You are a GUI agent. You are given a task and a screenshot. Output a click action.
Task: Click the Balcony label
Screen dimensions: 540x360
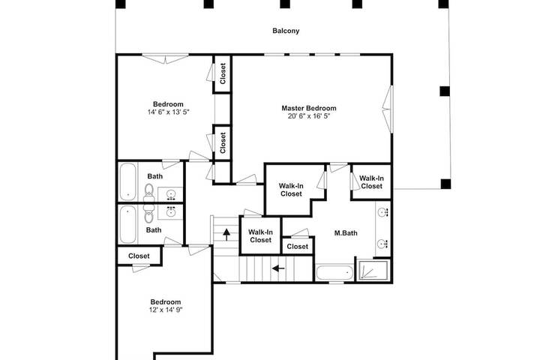(x=286, y=31)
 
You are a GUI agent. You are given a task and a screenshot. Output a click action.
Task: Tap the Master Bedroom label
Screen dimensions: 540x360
(x=309, y=108)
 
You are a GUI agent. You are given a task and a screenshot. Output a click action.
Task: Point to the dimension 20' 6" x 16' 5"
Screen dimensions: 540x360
(x=309, y=116)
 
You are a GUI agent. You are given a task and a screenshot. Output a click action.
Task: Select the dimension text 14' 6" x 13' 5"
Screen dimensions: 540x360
(x=169, y=112)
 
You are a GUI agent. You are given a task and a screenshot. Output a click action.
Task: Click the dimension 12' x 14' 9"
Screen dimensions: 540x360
(x=166, y=310)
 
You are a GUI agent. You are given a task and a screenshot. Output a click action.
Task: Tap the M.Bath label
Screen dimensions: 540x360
(x=346, y=233)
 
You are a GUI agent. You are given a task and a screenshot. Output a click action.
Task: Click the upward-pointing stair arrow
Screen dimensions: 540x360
(x=226, y=235)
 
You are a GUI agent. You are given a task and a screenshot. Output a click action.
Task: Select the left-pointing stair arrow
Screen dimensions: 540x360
(x=278, y=268)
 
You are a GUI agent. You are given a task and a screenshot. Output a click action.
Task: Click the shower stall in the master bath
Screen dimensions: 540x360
(x=374, y=270)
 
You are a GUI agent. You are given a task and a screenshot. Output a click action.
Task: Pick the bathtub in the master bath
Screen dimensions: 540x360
(x=334, y=273)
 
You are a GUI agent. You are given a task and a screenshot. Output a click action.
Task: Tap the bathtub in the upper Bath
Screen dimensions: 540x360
(x=128, y=181)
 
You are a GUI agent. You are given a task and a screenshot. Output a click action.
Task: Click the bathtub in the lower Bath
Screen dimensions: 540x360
(x=127, y=224)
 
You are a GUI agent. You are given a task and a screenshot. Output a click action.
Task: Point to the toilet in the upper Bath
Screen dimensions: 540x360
(x=148, y=192)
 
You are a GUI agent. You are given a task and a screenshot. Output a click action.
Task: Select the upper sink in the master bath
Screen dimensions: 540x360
(x=383, y=211)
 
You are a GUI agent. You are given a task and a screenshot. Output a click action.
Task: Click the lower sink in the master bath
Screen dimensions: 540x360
(x=383, y=244)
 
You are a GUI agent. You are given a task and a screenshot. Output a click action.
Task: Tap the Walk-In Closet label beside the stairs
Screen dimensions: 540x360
(x=260, y=236)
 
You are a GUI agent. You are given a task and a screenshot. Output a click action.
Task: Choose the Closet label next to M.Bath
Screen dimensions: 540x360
(x=298, y=247)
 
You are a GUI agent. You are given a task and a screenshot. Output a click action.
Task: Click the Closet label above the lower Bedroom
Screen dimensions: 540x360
(x=139, y=256)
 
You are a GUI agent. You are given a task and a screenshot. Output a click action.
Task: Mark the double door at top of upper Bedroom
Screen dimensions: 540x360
(x=166, y=58)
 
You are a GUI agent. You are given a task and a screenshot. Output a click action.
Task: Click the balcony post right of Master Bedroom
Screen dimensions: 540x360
(x=445, y=91)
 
